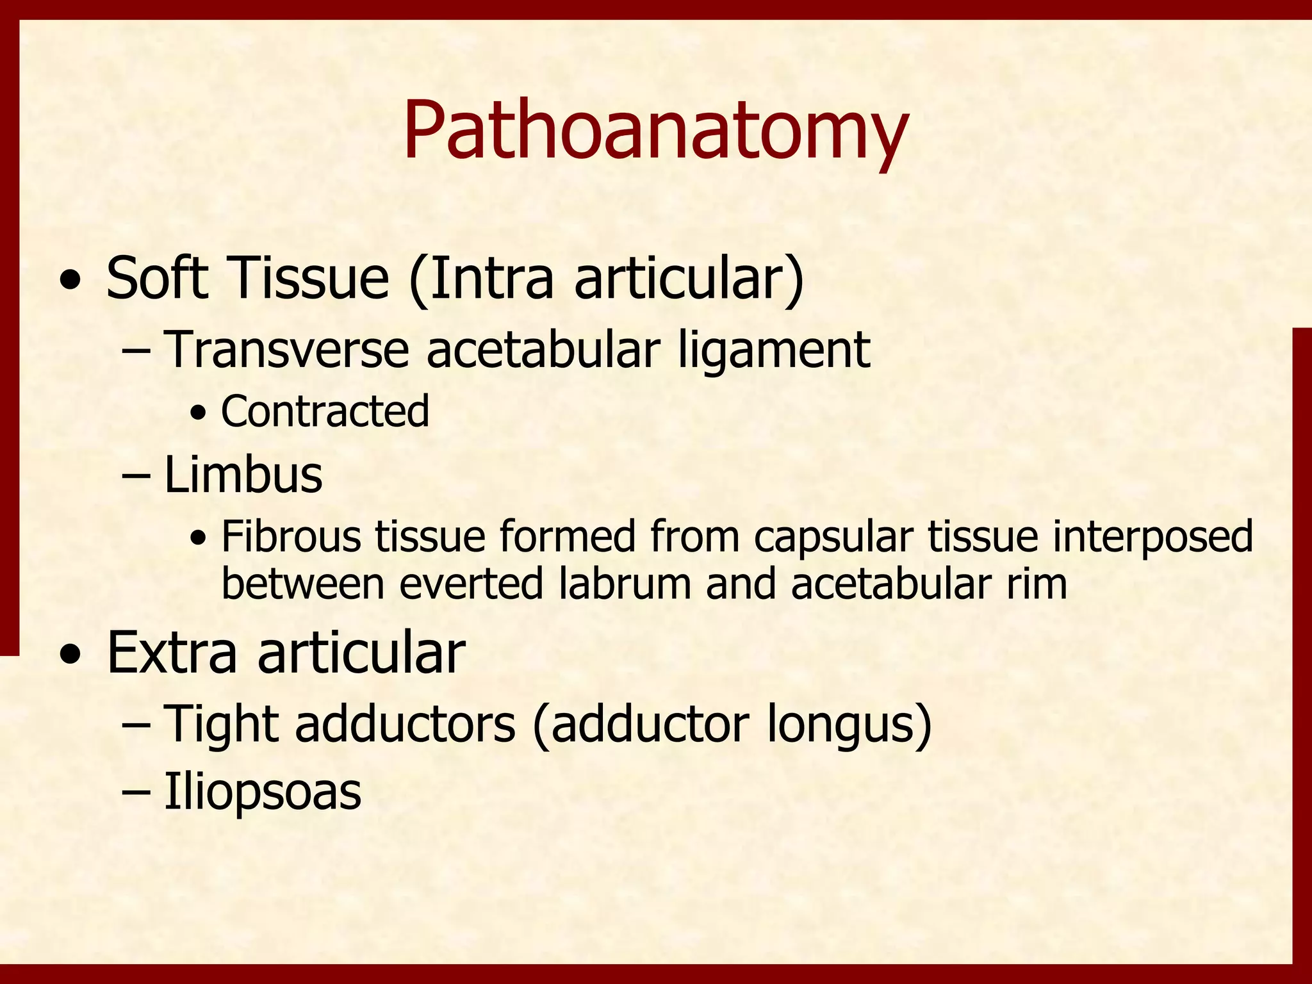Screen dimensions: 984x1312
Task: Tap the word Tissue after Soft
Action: coord(307,278)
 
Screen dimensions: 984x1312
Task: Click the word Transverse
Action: coord(286,350)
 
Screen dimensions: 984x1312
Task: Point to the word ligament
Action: coord(774,351)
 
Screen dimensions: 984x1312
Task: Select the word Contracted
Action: coord(325,411)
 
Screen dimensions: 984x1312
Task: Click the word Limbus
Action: coord(243,475)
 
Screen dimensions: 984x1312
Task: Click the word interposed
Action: coord(1152,537)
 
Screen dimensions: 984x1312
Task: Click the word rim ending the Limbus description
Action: coord(1037,584)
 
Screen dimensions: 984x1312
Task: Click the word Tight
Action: coord(222,724)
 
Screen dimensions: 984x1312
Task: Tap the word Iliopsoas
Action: coord(263,792)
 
